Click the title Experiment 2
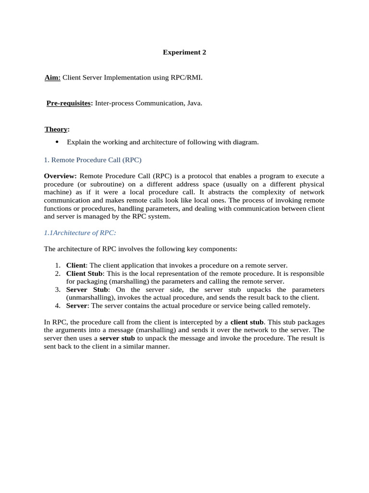tap(184, 52)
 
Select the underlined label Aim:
tap(52, 78)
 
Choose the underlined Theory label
tap(56, 129)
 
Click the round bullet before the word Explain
tap(57, 142)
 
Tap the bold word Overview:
tap(60, 176)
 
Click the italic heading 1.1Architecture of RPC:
tap(80, 233)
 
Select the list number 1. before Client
tap(57, 265)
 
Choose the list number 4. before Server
tap(57, 305)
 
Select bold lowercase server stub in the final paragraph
tap(117, 338)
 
